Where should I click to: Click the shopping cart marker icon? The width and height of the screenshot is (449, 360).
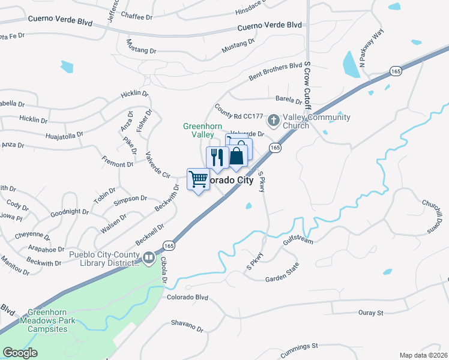pos(198,179)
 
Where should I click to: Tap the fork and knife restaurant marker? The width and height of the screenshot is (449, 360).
pos(217,157)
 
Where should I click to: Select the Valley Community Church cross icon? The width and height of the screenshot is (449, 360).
pos(274,121)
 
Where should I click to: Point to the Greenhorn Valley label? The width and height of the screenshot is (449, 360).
pos(203,130)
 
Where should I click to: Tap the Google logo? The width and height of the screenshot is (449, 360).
pos(20,353)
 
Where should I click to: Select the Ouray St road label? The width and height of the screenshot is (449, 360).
pos(371,313)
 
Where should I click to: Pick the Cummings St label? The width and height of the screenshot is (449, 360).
pos(298,347)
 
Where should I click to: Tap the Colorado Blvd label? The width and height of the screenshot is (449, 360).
pos(187,297)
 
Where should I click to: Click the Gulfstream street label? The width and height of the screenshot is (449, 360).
pos(298,241)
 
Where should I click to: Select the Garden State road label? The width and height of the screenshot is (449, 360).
pos(282,278)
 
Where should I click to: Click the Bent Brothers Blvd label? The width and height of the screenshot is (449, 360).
pos(275,70)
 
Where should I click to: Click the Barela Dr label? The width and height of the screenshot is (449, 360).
pos(289,100)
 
